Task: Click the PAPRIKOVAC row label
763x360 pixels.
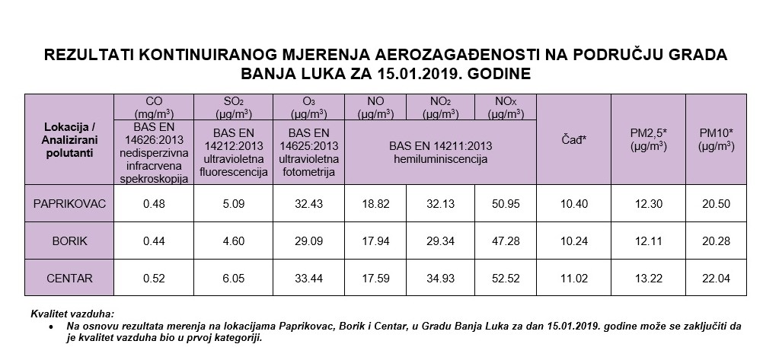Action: pos(69,204)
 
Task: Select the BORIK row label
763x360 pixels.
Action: pos(69,241)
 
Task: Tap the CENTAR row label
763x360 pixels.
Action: pos(69,279)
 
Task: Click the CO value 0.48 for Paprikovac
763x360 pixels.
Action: pos(154,204)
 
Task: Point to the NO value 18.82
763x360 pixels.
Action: pos(375,204)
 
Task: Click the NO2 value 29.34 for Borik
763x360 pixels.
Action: pos(439,241)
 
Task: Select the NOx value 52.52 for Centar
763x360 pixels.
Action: pos(506,279)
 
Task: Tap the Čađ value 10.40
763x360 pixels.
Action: pos(573,204)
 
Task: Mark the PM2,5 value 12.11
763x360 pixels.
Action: pos(648,241)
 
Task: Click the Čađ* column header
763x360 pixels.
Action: pos(573,139)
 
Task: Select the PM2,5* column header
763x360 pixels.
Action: pos(648,139)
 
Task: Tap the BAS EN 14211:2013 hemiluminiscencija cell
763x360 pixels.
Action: pos(441,153)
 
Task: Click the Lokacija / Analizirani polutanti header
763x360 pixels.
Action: pos(69,139)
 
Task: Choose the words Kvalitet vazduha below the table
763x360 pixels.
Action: pos(72,313)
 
